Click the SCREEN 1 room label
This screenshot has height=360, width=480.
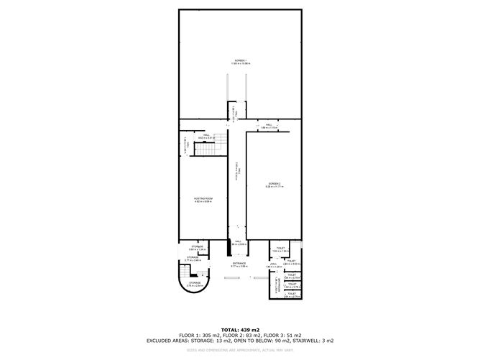239,60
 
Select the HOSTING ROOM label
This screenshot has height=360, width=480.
203,198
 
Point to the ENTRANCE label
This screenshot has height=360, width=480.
239,263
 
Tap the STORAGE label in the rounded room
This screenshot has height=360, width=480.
195,282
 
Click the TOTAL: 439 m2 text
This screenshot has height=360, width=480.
239,328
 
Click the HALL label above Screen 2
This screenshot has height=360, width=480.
268,126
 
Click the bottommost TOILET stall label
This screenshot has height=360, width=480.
292,294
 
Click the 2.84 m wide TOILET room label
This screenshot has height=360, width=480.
291,262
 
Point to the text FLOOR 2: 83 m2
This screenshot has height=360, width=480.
239,334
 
